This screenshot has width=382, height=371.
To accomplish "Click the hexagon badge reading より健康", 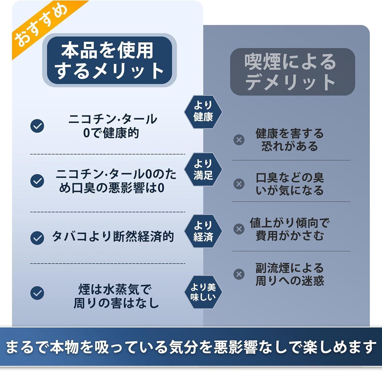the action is pyautogui.click(x=203, y=112).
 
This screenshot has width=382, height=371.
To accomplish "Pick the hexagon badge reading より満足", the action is pyautogui.click(x=203, y=169).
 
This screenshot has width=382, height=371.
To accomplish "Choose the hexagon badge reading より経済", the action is pyautogui.click(x=203, y=231).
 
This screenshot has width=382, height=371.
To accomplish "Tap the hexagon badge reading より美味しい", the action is pyautogui.click(x=203, y=292).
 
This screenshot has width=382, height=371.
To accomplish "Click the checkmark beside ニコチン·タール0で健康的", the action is pyautogui.click(x=37, y=126).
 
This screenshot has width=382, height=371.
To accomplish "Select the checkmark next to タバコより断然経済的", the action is pyautogui.click(x=37, y=238).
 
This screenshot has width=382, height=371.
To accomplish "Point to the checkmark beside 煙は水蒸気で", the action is pyautogui.click(x=37, y=293).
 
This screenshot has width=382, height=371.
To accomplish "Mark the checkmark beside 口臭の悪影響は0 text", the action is pyautogui.click(x=37, y=181).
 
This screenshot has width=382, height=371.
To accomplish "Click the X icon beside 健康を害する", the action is pyautogui.click(x=239, y=140).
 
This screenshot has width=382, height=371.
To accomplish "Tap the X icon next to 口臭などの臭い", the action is pyautogui.click(x=239, y=184).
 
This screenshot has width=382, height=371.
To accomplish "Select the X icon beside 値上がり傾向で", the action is pyautogui.click(x=239, y=229).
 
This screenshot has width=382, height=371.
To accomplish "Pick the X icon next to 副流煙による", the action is pyautogui.click(x=239, y=274).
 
